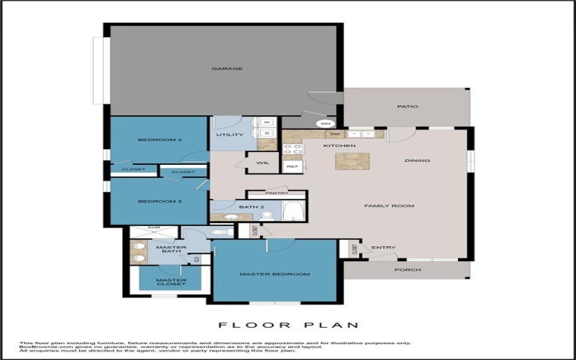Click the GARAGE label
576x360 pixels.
pos(227,69)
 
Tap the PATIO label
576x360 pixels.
pos(408,107)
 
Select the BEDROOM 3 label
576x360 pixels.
pos(159,139)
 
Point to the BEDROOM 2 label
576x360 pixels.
pos(159,201)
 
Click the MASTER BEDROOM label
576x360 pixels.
pos(274,274)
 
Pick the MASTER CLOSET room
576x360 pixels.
pos(171,282)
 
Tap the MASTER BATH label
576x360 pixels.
pos(171,251)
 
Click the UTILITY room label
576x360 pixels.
pos(230,135)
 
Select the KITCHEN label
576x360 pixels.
pos(340,146)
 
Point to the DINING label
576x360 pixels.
pos(417,161)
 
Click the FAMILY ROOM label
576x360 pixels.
pos(389,206)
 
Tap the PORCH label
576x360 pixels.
pos(408,270)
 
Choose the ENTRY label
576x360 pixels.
pos(384,248)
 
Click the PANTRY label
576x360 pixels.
pos(276,193)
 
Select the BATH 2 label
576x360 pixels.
pos(253,207)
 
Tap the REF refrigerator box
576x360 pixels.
pos(292,166)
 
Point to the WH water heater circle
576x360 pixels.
pos(325,124)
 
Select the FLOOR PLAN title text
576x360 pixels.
pos(287,325)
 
